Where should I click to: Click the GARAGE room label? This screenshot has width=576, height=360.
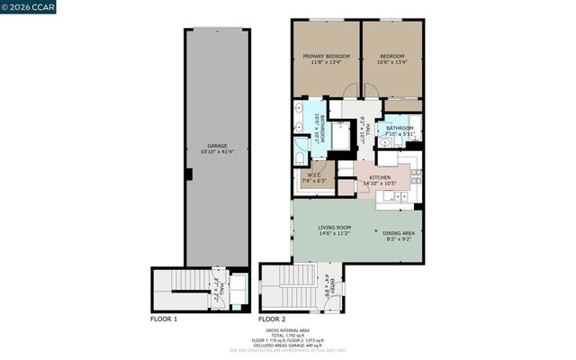click(x=216, y=145)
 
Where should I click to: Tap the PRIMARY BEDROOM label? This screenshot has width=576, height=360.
click(x=325, y=56)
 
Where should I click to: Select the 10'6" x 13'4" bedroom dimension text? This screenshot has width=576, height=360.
click(x=391, y=63)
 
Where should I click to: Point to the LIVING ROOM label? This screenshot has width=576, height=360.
click(x=334, y=227)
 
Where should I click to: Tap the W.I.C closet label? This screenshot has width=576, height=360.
click(x=315, y=175)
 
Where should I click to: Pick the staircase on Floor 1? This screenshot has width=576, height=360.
click(x=184, y=291)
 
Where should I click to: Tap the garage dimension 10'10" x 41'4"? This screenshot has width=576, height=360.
click(x=216, y=152)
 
